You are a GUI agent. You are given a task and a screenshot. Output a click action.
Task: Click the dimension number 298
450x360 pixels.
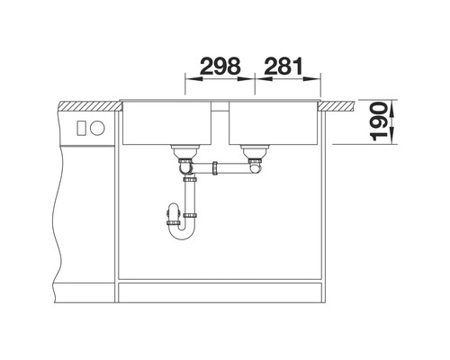point(220,66)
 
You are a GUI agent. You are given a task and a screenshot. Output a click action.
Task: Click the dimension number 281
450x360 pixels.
point(283,66)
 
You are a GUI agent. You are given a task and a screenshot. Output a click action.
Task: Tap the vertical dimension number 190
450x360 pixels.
point(379,121)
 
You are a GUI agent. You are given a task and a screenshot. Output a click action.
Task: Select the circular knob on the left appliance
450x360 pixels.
point(97,128)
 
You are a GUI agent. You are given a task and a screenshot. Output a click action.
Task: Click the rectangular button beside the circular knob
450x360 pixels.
point(82,128)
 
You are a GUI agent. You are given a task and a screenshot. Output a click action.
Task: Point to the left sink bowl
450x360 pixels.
point(166,123)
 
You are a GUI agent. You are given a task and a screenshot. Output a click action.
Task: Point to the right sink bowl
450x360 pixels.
point(274,123)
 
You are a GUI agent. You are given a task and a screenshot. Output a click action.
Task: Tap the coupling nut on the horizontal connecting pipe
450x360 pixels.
point(215,168)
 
